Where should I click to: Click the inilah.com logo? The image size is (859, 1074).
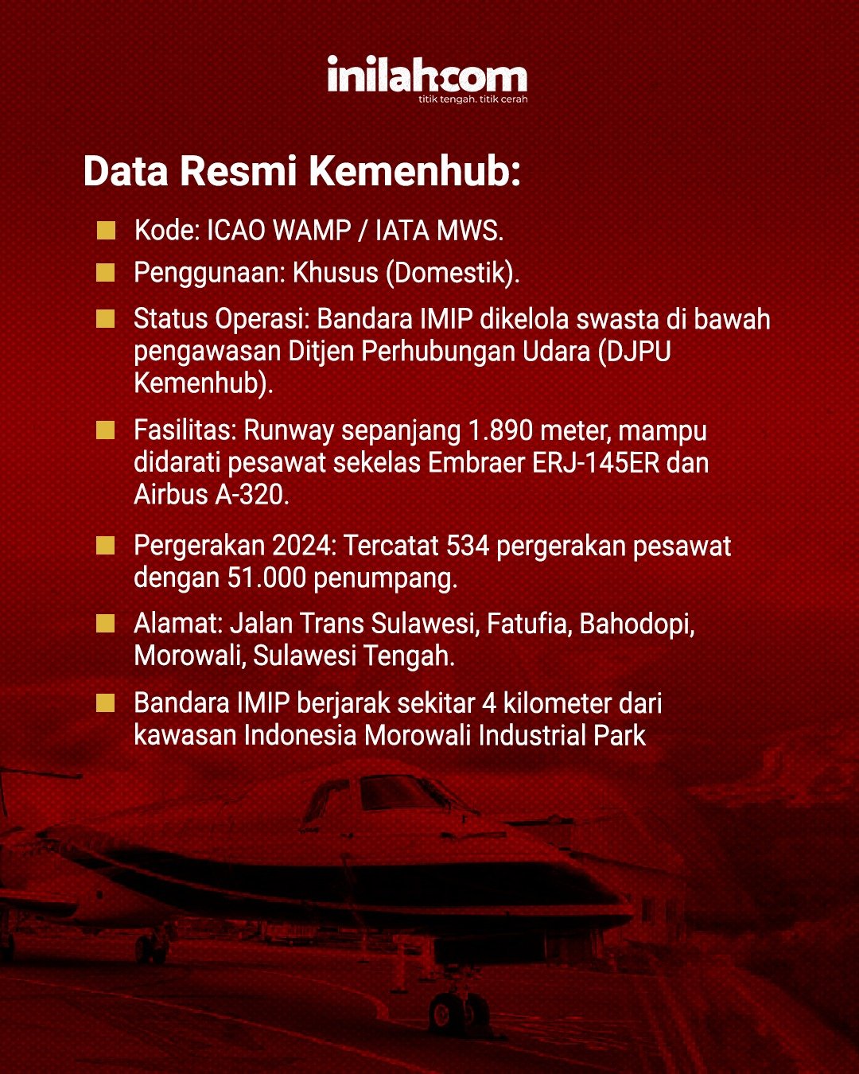click(427, 79)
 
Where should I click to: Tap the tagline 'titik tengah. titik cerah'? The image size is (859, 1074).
click(472, 99)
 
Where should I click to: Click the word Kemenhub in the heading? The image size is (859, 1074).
click(414, 171)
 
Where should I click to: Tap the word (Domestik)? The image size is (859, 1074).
click(453, 274)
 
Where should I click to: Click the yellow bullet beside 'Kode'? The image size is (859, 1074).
click(106, 231)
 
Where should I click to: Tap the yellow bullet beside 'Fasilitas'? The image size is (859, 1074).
click(105, 430)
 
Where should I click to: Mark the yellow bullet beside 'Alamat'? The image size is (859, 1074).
click(105, 624)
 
